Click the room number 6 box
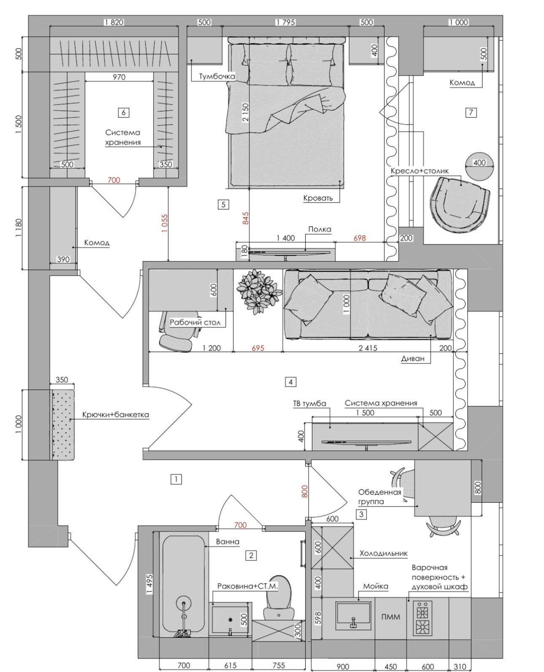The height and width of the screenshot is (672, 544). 123,112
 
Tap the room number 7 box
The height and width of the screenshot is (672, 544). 471,112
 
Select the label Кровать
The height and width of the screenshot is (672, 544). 318,198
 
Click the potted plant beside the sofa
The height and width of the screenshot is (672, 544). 258,292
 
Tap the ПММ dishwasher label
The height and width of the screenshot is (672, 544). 390,617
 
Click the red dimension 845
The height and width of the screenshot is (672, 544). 245,218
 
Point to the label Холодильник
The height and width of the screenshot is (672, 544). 383,553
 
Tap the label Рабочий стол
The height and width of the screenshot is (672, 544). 195,322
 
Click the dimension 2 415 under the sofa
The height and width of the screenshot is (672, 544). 368,348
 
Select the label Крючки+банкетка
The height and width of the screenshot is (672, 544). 116,415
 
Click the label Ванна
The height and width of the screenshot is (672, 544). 227,542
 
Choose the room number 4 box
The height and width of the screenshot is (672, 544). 290,382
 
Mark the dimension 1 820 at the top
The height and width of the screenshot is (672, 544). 114,22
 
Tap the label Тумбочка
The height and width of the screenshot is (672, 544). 217,77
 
